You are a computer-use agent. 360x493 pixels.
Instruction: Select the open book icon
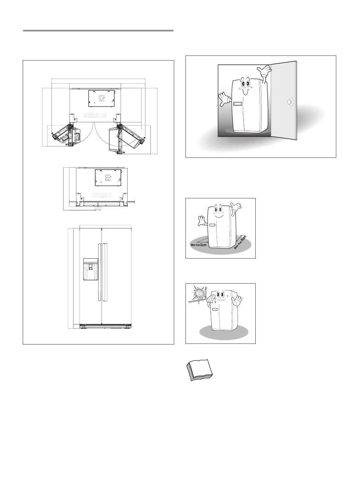(199, 370)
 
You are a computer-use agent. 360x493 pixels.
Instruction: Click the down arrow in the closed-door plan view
(108, 177)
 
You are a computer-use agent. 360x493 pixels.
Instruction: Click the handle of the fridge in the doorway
(238, 104)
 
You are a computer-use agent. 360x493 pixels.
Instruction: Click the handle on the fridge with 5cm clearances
(212, 225)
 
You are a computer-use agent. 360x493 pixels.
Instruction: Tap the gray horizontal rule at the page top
(98, 31)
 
